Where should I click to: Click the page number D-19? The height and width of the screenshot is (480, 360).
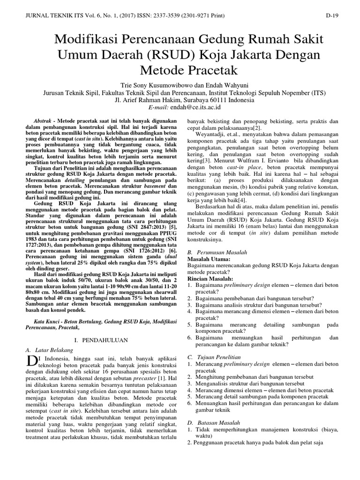pyautogui.click(x=332, y=15)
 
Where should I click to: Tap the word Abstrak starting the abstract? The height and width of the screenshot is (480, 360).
pyautogui.click(x=45, y=121)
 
